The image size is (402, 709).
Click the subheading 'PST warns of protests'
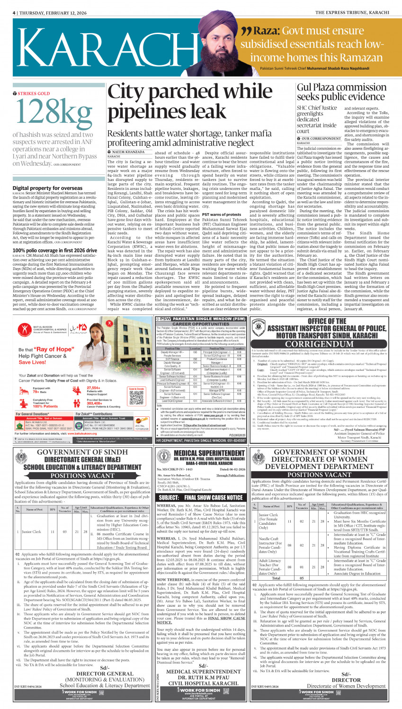[x=222, y=215]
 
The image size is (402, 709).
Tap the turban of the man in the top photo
[x=216, y=33]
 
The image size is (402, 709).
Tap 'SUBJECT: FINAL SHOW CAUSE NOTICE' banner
[x=201, y=497]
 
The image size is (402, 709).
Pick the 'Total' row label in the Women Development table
[x=276, y=578]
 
